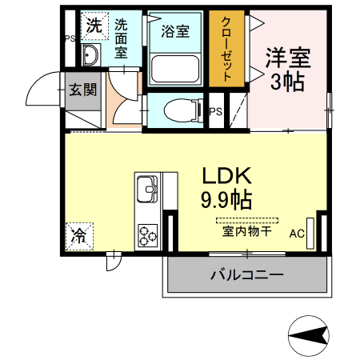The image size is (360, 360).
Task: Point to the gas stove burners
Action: click(149, 234)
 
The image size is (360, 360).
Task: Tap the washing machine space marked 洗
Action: click(94, 26)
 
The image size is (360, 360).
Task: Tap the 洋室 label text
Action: click(287, 58)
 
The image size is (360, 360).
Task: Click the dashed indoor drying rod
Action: click(246, 219)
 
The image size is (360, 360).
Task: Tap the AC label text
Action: click(297, 234)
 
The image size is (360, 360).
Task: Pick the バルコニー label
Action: click(246, 275)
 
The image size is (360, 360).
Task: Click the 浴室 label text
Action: click(175, 32)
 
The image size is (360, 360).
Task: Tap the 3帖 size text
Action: click(287, 82)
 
